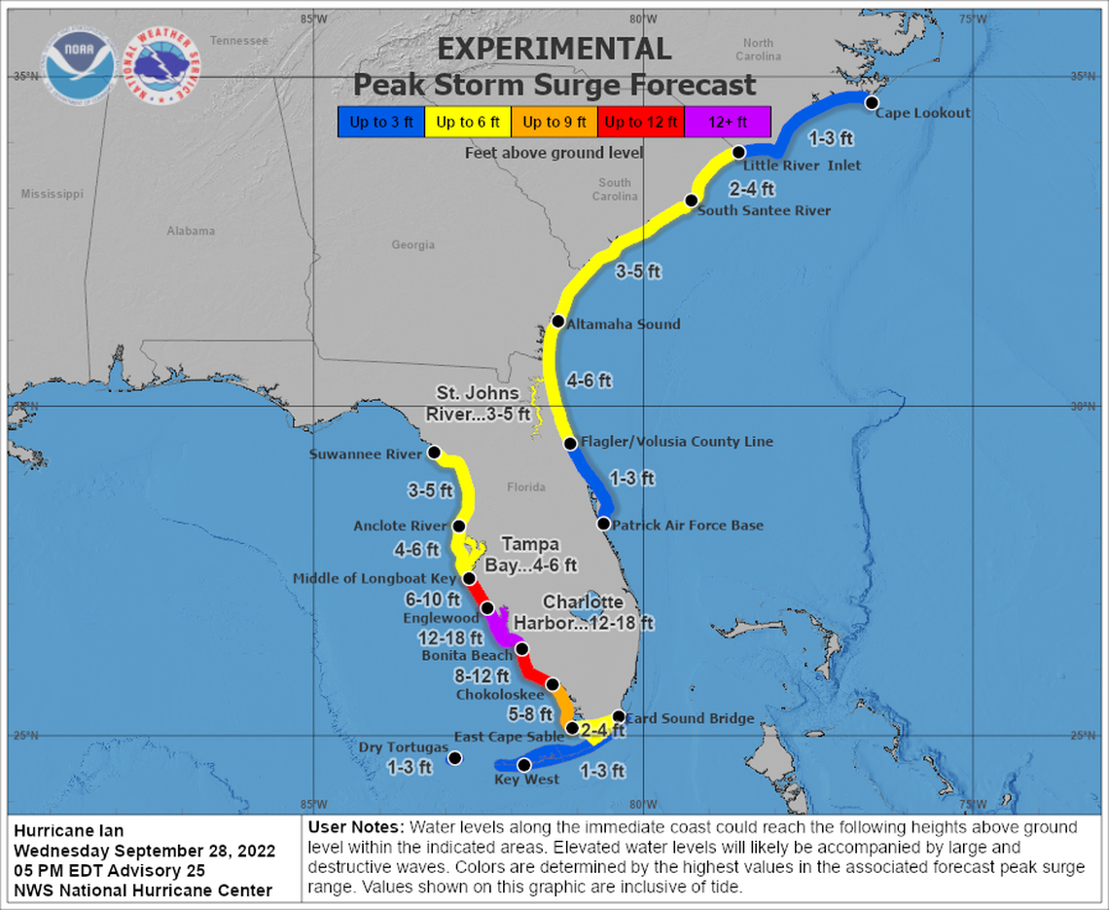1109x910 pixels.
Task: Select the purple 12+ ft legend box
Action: (x=727, y=122)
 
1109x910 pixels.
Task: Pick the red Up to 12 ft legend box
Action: (x=641, y=122)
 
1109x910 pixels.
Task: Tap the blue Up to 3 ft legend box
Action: (x=380, y=122)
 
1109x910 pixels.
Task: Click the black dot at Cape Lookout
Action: (x=872, y=102)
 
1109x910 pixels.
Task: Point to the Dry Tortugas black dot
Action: (x=454, y=757)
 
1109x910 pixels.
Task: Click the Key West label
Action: (x=527, y=780)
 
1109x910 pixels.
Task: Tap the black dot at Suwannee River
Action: (x=435, y=453)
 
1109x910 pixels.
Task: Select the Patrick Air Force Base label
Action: (x=687, y=526)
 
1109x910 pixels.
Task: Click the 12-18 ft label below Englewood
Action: (x=449, y=637)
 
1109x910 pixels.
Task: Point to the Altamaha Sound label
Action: (x=624, y=324)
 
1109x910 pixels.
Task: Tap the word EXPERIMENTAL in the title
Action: (x=554, y=49)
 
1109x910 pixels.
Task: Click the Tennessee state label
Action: (x=238, y=41)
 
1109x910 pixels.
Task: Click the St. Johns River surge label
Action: (x=478, y=403)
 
